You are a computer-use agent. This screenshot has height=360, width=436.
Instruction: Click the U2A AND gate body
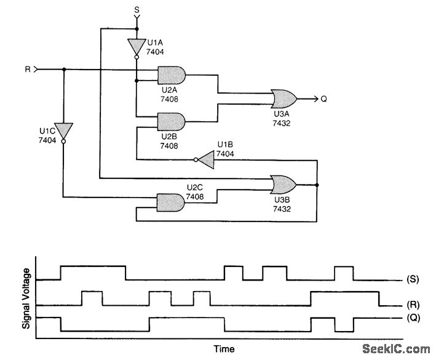pyautogui.click(x=172, y=75)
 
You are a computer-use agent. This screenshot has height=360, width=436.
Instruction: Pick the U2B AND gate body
pyautogui.click(x=172, y=121)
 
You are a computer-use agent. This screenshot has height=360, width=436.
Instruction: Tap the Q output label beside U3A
pyautogui.click(x=324, y=98)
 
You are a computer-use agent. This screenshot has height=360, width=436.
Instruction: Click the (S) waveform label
pyautogui.click(x=413, y=280)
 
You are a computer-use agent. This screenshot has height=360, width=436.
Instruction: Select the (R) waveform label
pyautogui.click(x=413, y=305)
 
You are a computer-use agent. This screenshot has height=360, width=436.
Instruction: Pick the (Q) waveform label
pyautogui.click(x=413, y=318)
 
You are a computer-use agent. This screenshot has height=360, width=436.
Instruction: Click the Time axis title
pyautogui.click(x=224, y=350)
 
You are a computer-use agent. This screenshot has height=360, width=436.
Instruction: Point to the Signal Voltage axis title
pyautogui.click(x=26, y=298)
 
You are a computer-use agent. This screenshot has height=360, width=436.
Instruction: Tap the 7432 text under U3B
pyautogui.click(x=282, y=209)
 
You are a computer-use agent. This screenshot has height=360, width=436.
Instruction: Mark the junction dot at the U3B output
pyautogui.click(x=317, y=184)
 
